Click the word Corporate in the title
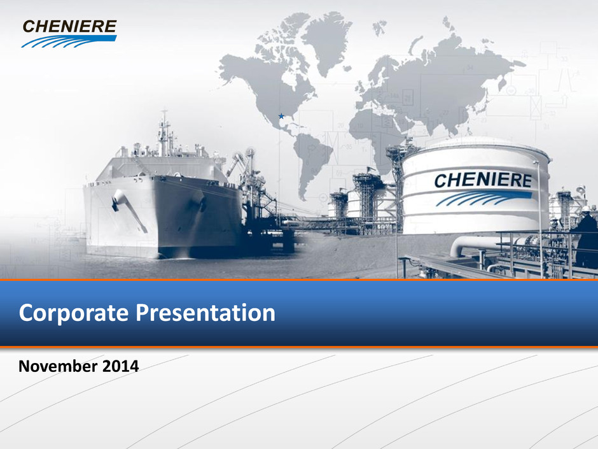(x=74, y=313)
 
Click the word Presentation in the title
(x=205, y=313)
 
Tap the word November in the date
(x=58, y=366)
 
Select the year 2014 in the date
(x=120, y=366)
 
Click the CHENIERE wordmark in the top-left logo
(x=69, y=27)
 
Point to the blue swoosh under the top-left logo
(x=69, y=41)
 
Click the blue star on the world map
(x=281, y=116)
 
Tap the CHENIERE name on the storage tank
(x=483, y=180)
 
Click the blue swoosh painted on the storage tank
(x=483, y=198)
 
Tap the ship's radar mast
(x=164, y=132)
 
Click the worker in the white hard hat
(x=585, y=237)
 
